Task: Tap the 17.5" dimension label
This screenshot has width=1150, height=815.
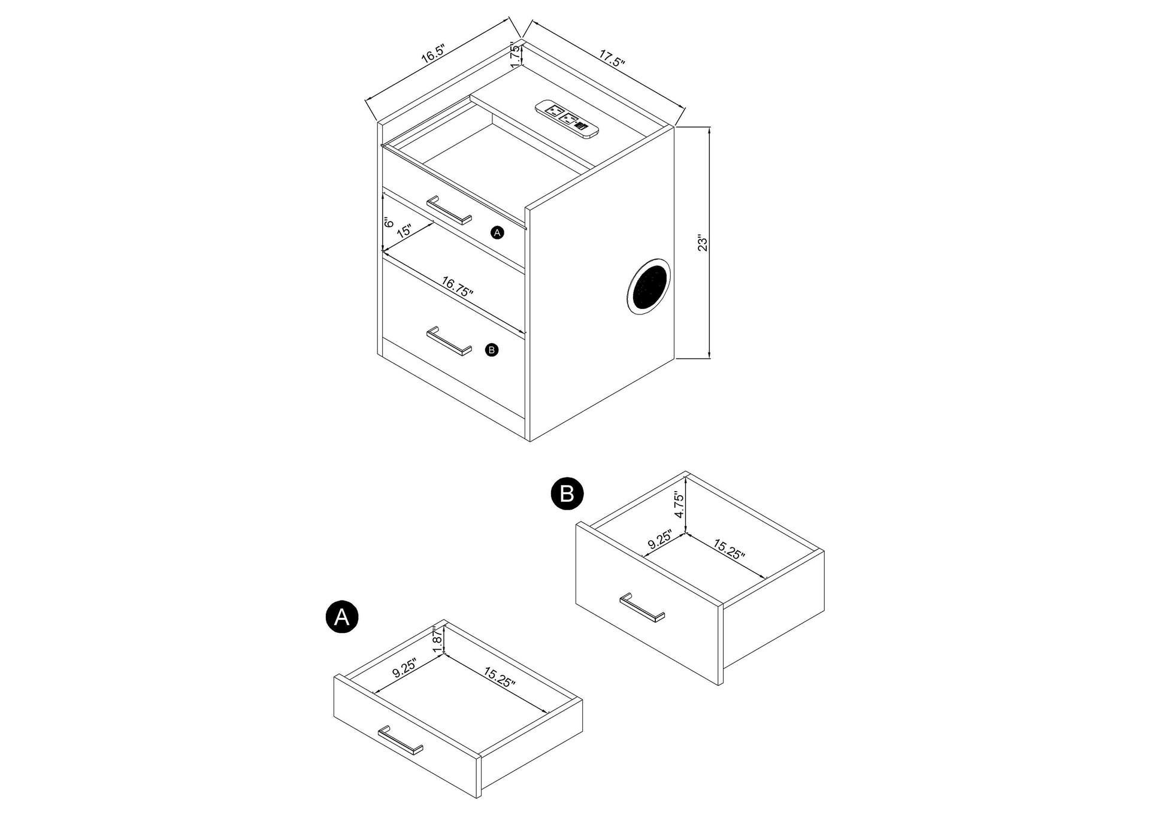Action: click(x=612, y=57)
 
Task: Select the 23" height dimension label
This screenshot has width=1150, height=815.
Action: click(x=703, y=243)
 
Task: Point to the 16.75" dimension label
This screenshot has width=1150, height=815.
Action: click(x=457, y=286)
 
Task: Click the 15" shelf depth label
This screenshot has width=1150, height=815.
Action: click(x=404, y=231)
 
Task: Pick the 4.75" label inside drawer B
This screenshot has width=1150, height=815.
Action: click(x=679, y=505)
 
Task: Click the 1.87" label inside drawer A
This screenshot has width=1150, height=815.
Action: click(x=437, y=640)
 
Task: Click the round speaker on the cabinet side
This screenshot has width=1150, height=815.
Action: click(x=649, y=286)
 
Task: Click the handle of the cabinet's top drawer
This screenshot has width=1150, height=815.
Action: click(x=449, y=210)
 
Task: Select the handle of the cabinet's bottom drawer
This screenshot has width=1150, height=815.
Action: click(x=449, y=341)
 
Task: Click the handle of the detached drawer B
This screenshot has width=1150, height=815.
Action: click(x=642, y=608)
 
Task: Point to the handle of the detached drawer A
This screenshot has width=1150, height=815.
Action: click(x=400, y=740)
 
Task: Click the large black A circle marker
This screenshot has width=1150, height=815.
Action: click(x=342, y=616)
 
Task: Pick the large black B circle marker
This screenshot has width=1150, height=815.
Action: click(x=567, y=494)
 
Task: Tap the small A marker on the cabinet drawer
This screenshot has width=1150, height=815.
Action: click(x=497, y=233)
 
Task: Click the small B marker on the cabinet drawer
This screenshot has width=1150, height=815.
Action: click(x=492, y=350)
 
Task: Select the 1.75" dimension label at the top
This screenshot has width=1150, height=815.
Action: click(x=515, y=53)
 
